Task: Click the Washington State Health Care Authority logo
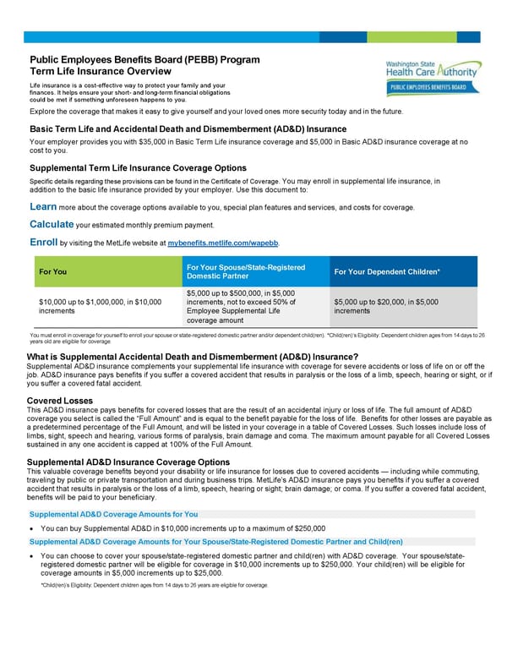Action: coord(431,69)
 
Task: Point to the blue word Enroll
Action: coord(43,242)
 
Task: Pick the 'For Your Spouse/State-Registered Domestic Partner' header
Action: coord(244,271)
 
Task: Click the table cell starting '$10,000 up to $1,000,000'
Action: coord(101,306)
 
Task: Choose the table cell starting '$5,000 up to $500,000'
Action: coord(243,306)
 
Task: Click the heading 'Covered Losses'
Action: coord(60,401)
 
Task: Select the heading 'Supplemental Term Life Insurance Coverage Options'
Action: coord(138,168)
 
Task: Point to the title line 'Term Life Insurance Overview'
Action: coord(101,72)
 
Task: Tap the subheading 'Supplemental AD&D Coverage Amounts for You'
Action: coord(114,514)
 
